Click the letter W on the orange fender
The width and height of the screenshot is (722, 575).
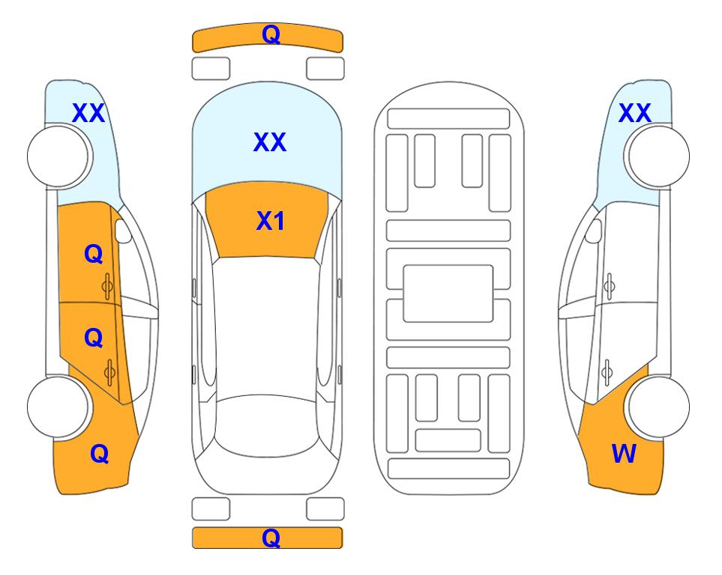(624, 454)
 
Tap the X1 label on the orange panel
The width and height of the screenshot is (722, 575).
(271, 221)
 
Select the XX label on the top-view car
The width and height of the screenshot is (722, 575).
(270, 142)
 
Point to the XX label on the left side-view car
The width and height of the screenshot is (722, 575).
(88, 113)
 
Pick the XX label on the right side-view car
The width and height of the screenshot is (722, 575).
(635, 113)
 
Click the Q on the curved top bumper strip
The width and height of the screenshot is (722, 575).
(271, 34)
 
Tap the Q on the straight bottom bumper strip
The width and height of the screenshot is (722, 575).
(271, 538)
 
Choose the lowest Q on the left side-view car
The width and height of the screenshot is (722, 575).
(99, 454)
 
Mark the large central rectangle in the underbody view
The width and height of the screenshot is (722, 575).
(448, 293)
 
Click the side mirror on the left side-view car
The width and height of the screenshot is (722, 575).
(123, 231)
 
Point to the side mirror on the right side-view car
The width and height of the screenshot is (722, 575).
(594, 231)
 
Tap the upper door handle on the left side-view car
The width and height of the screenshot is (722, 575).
(107, 287)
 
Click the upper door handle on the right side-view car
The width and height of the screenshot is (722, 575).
(610, 286)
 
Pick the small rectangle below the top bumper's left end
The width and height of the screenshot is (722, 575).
(211, 69)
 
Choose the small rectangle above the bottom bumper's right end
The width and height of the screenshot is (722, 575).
(325, 509)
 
